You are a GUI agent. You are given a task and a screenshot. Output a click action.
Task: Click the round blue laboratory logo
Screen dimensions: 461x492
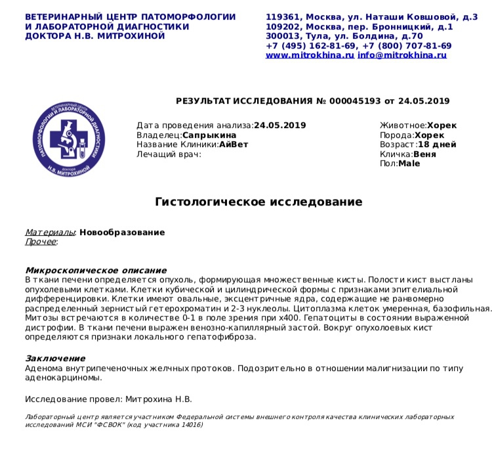pos(69,139)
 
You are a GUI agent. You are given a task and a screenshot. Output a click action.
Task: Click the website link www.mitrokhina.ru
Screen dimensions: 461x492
pos(310,56)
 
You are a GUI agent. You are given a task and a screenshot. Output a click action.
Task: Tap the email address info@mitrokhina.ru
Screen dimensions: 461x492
pos(402,56)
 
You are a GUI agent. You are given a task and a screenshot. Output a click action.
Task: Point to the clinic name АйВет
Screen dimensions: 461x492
pos(234,144)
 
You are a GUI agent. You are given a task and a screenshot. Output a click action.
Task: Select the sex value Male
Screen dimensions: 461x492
pos(409,164)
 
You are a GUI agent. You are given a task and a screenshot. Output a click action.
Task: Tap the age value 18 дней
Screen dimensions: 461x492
pos(437,144)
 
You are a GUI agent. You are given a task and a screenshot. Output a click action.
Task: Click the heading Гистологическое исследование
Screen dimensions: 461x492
pos(258,202)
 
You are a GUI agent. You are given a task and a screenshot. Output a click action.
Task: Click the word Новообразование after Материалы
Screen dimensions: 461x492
pos(122,232)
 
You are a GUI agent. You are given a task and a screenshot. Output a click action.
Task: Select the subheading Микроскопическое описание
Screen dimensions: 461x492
pos(96,271)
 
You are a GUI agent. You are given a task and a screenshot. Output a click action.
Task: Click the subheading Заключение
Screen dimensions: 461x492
pos(55,359)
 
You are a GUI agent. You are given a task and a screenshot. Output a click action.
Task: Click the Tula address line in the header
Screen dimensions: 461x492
pos(344,36)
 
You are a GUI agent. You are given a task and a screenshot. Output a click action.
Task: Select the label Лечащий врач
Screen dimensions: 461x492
pos(169,154)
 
